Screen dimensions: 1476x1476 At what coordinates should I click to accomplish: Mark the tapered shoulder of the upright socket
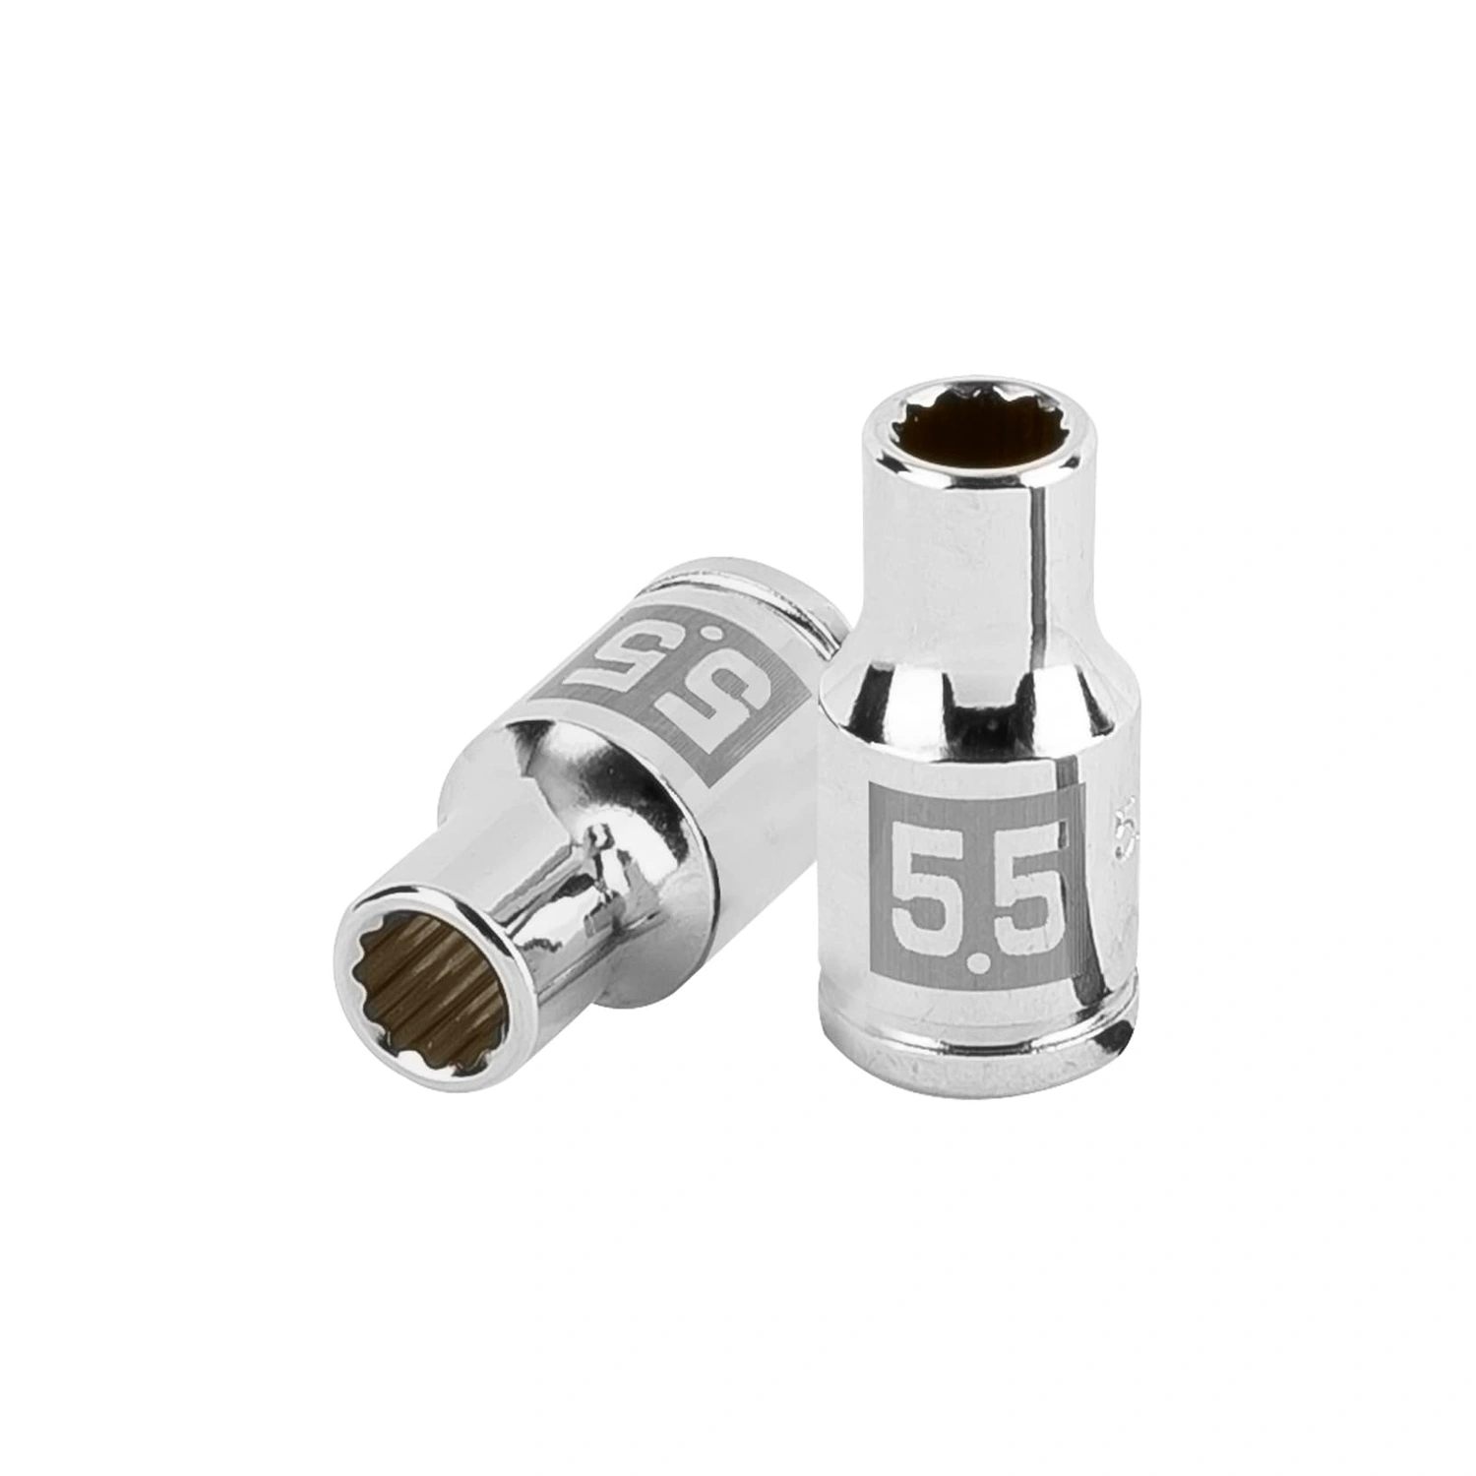point(969,689)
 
